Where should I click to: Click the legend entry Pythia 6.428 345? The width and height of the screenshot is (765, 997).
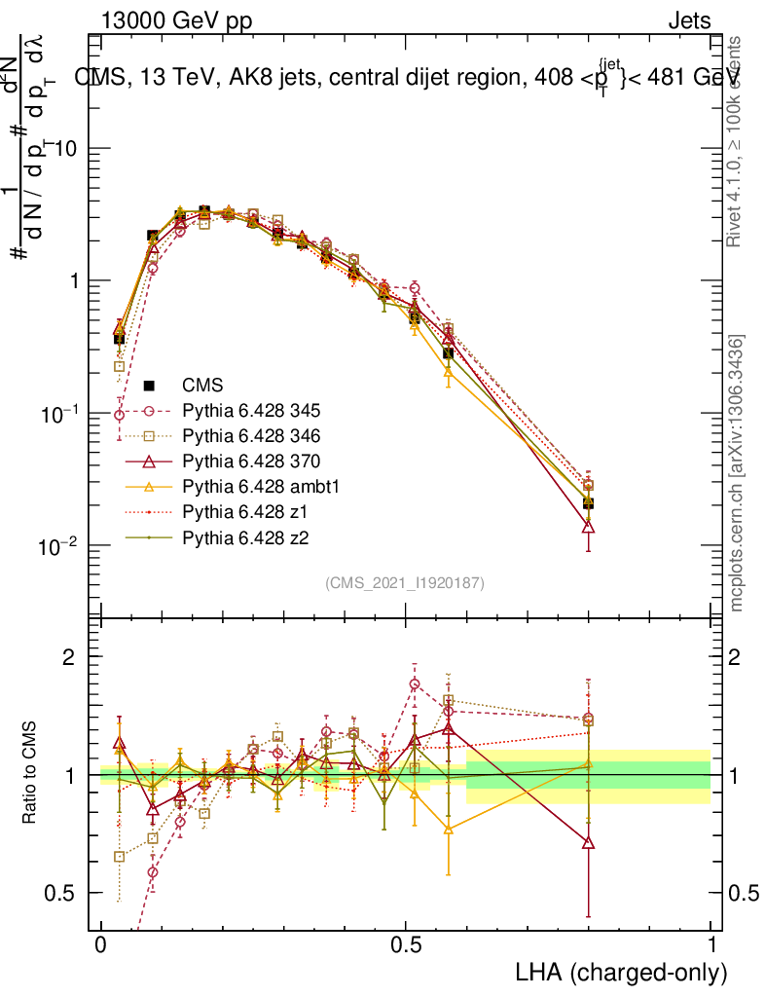point(238,411)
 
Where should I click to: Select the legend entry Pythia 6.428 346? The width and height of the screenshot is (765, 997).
point(238,436)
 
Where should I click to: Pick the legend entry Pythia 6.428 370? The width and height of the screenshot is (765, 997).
point(238,462)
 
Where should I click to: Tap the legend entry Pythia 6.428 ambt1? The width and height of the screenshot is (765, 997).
point(244,487)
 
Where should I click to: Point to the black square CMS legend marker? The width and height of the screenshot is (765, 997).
point(149,386)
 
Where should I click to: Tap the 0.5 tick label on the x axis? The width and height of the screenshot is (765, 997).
point(406,945)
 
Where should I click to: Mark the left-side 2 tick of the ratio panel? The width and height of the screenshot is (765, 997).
point(69,656)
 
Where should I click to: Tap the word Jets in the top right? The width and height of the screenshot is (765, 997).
point(688,21)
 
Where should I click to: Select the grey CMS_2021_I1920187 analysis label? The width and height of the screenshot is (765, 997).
point(405,583)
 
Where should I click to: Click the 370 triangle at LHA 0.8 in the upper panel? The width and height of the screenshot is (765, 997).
point(588,527)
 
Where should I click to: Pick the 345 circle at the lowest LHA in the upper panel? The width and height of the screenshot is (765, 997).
point(119,415)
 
